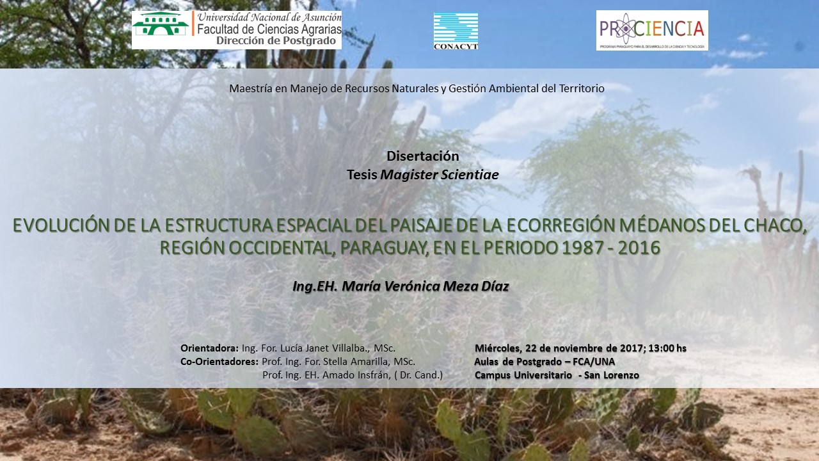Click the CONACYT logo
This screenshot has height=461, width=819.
pyautogui.click(x=456, y=31)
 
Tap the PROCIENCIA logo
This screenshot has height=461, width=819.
pyautogui.click(x=652, y=30)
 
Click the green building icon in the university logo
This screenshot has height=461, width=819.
pyautogui.click(x=161, y=24)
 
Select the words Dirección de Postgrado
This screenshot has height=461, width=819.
pyautogui.click(x=276, y=40)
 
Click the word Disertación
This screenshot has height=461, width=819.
pyautogui.click(x=423, y=156)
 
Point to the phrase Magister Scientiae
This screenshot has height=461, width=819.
pyautogui.click(x=440, y=175)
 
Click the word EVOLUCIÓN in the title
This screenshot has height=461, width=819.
pyautogui.click(x=61, y=225)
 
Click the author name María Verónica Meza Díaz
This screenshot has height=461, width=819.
pyautogui.click(x=425, y=286)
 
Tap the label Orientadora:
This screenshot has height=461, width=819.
pyautogui.click(x=209, y=348)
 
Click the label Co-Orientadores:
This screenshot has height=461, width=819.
pyautogui.click(x=219, y=362)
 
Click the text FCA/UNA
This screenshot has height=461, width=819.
pyautogui.click(x=594, y=362)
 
